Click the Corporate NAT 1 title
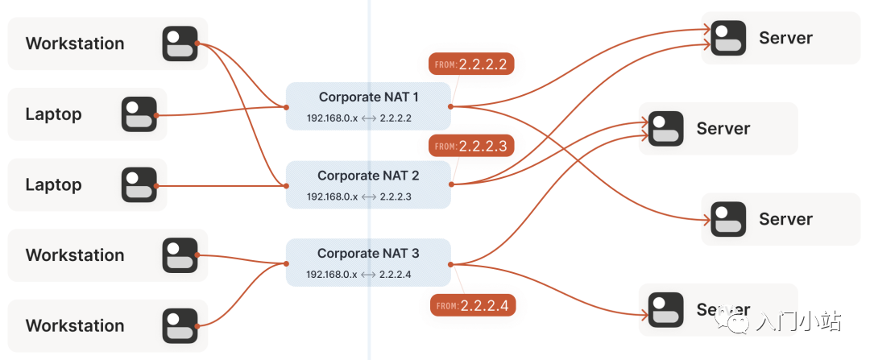[368, 97]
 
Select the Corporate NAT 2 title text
[368, 176]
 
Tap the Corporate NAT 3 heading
[368, 254]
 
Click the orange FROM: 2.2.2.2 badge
[471, 64]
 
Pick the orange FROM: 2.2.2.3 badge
[471, 147]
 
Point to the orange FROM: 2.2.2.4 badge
[472, 306]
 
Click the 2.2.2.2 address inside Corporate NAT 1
[396, 118]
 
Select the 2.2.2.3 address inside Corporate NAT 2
[396, 197]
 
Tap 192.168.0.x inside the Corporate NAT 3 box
[332, 275]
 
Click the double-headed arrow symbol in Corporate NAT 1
[369, 118]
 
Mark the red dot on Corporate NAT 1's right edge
[451, 106]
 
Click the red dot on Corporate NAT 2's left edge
[286, 185]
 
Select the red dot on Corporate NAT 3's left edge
[286, 263]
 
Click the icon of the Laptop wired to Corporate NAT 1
[139, 114]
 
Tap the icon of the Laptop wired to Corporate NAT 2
[139, 184]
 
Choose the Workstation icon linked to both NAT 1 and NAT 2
[180, 43]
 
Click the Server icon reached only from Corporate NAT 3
[666, 309]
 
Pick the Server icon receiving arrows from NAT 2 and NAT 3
[666, 129]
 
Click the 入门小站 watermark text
[798, 323]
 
